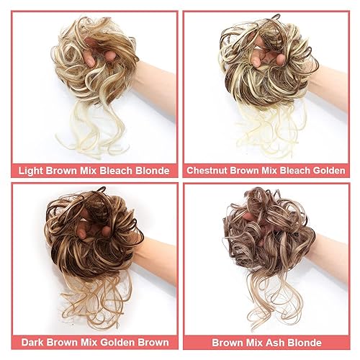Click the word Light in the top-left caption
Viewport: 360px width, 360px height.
coord(32,171)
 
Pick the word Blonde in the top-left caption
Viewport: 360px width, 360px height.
coord(149,171)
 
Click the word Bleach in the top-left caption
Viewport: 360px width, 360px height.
coord(112,171)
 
